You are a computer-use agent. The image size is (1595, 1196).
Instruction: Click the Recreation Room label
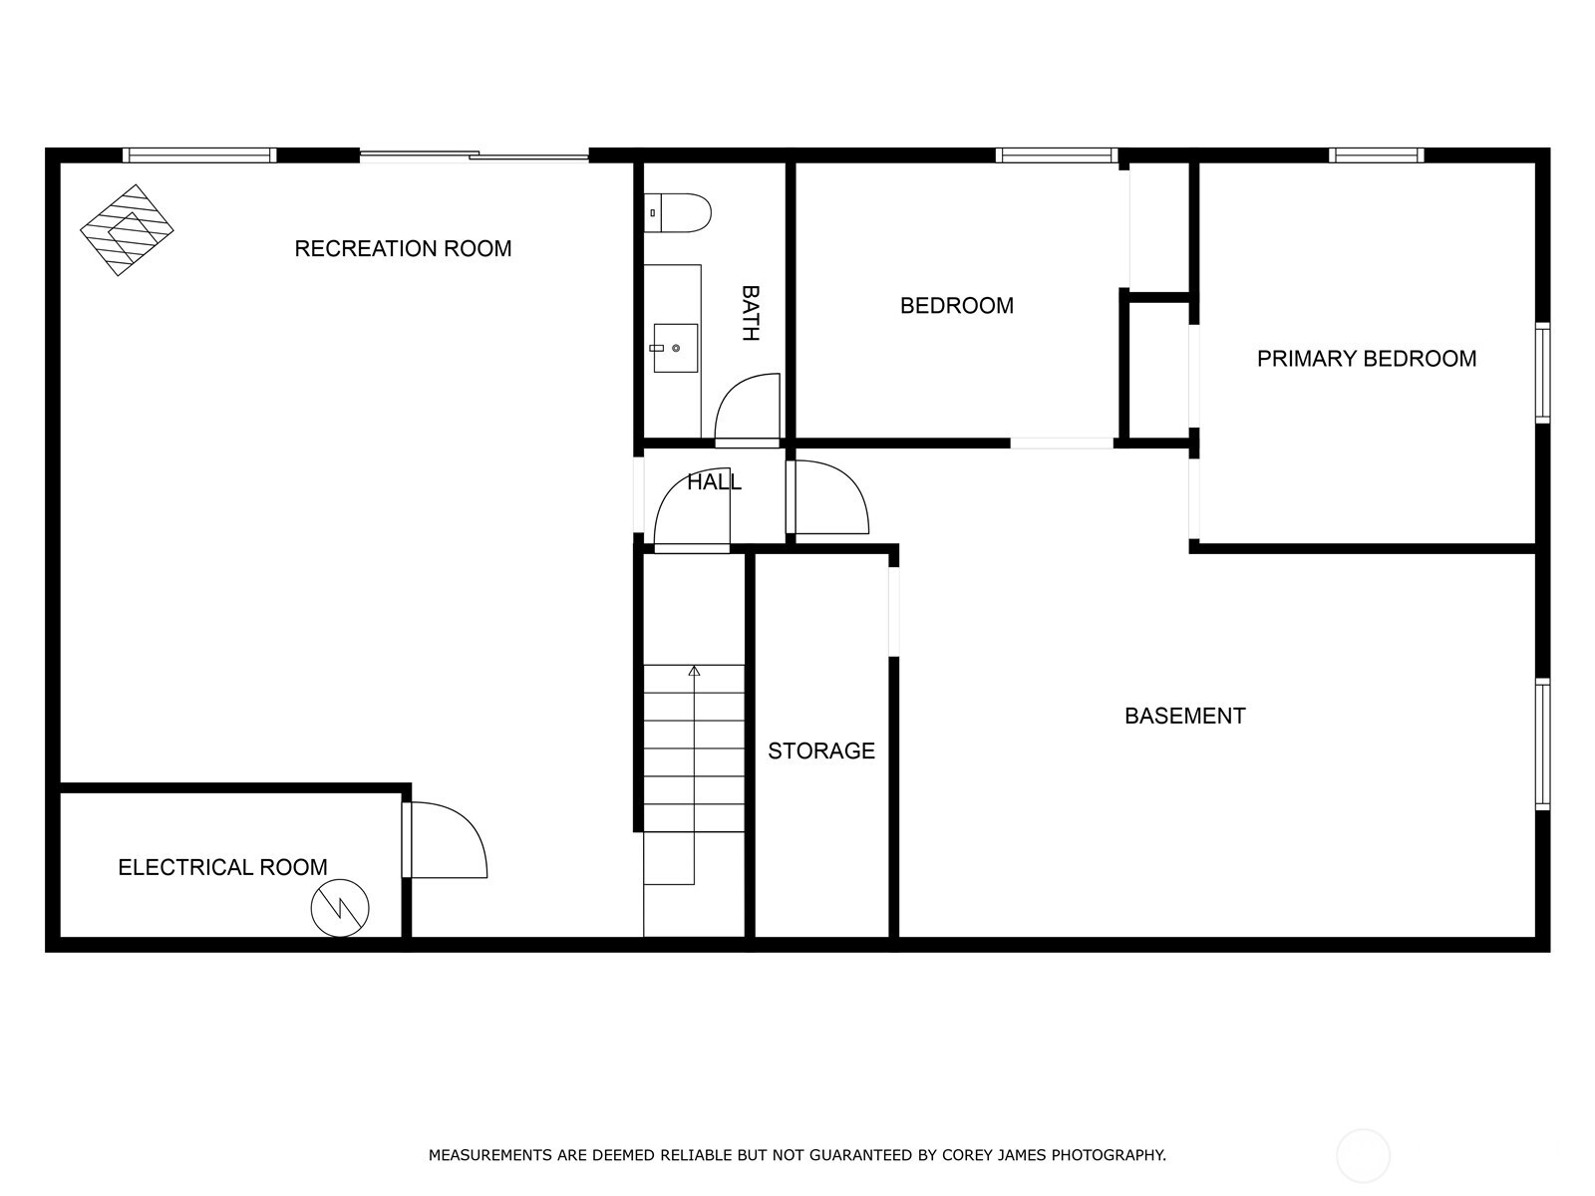point(403,248)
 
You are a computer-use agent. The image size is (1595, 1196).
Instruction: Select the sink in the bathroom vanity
point(675,348)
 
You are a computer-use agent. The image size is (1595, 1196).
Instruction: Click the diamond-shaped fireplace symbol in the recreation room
point(127,230)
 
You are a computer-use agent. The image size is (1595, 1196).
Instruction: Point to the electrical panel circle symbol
point(340,908)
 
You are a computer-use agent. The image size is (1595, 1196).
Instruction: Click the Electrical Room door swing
point(449,840)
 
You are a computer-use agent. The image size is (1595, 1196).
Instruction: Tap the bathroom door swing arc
point(746,409)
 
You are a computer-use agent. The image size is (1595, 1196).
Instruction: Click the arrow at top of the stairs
point(694,671)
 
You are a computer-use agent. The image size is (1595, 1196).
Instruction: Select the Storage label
point(820,750)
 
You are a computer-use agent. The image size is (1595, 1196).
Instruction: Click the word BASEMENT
point(1184,716)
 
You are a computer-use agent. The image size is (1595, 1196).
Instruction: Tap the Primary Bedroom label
point(1366,359)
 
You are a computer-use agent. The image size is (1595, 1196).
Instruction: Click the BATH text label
point(751,313)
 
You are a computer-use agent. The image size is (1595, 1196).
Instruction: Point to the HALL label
point(714,482)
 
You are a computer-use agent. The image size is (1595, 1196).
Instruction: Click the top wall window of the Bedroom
point(1056,154)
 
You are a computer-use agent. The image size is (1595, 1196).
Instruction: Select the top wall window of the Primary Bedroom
point(1376,154)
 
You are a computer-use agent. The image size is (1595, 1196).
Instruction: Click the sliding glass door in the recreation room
point(474,154)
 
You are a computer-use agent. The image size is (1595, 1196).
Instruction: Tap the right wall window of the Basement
point(1542,744)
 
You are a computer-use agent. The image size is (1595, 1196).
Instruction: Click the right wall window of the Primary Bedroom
point(1542,373)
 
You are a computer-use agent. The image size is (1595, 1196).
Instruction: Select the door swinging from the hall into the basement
point(829,498)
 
